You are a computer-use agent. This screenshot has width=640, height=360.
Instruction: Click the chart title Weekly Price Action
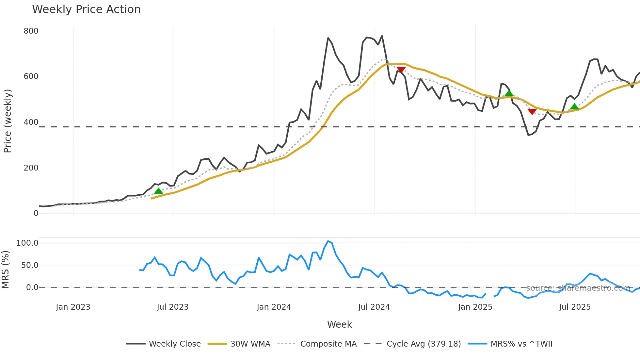point(86,9)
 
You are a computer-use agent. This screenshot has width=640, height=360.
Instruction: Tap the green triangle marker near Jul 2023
point(158,191)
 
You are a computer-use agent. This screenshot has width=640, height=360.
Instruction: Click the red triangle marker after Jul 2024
point(401,70)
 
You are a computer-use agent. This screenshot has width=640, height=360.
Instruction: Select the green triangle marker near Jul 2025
point(574,107)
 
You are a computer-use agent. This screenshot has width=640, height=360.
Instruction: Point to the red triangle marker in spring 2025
point(532,112)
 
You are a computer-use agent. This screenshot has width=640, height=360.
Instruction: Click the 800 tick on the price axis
point(31,31)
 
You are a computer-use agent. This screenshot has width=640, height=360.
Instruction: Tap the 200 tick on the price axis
point(31,168)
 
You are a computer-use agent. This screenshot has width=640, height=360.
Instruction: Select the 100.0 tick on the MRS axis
point(27,243)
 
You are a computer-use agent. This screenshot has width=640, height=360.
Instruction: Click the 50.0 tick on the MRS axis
point(30,265)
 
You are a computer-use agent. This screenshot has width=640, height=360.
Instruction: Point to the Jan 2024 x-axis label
point(274,307)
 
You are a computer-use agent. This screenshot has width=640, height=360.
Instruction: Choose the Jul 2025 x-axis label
point(575,307)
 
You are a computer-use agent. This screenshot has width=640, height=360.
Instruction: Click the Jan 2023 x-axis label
point(73,307)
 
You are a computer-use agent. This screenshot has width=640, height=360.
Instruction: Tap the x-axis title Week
point(339,324)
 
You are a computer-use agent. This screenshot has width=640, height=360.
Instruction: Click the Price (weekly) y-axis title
point(8,121)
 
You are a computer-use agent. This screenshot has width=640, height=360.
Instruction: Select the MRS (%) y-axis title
point(5,270)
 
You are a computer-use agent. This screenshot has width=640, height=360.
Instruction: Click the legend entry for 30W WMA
point(250,344)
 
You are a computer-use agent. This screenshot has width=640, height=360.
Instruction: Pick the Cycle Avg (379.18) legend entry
point(424,344)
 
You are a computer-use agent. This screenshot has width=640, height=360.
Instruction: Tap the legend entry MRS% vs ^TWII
point(521,344)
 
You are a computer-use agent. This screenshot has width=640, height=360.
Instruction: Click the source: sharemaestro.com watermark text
point(578,288)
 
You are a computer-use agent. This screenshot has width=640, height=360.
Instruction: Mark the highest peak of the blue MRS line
point(328,241)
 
